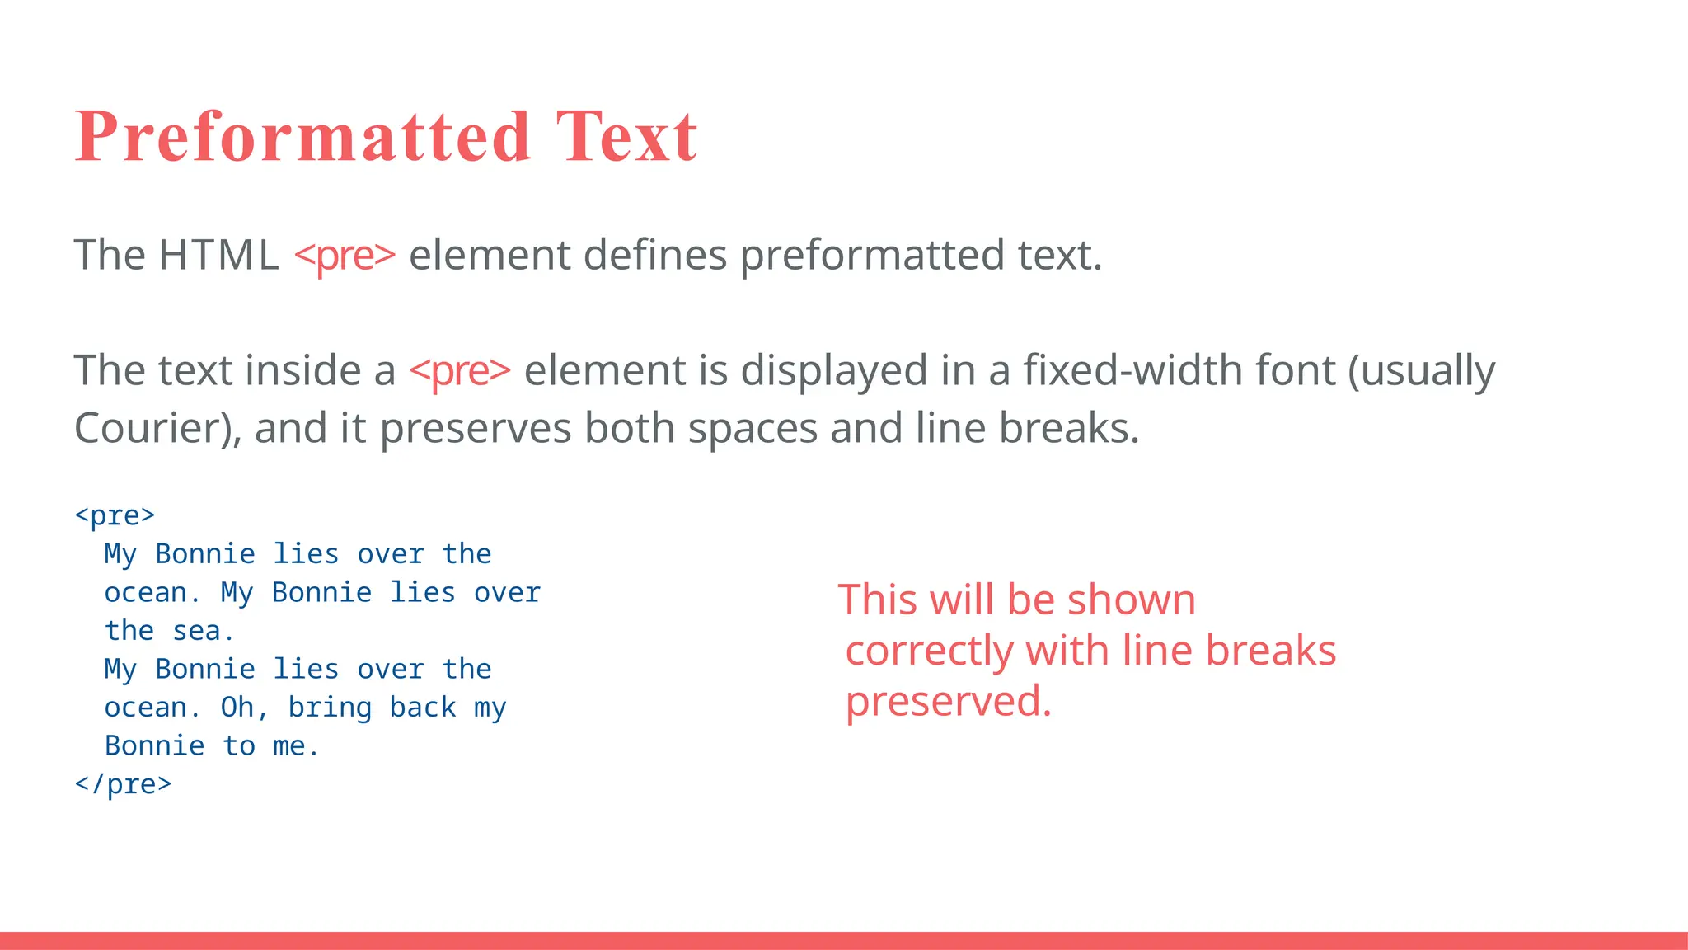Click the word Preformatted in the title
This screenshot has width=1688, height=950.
pos(302,136)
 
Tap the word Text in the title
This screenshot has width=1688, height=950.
pos(626,136)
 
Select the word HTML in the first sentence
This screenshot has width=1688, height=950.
pos(218,255)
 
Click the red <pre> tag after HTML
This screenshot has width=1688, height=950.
pos(345,256)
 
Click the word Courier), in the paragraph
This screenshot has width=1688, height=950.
pos(157,428)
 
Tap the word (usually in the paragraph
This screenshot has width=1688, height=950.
pos(1421,371)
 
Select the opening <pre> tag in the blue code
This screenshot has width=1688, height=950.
pos(115,515)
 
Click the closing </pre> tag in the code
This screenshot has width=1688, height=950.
pos(123,783)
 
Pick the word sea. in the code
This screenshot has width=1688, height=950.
pos(204,631)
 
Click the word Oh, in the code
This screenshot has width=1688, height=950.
pos(245,708)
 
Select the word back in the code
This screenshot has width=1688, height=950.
pos(422,707)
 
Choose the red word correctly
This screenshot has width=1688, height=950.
pos(928,651)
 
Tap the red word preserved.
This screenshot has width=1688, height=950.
pos(948,703)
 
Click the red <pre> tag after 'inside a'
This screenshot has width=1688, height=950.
pos(460,371)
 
